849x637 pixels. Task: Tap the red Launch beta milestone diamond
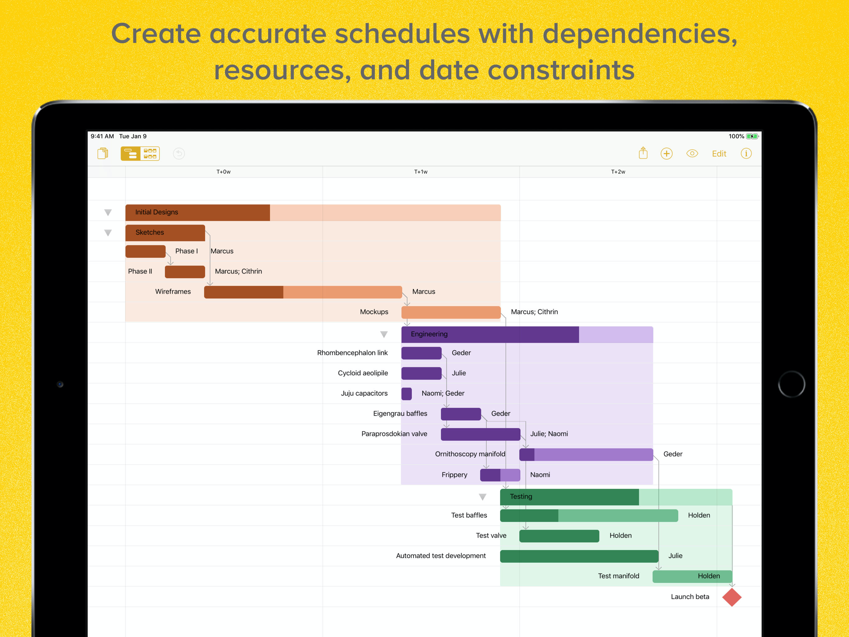[x=732, y=597]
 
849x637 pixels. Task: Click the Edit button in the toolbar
[x=719, y=154]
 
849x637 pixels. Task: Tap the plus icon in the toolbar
[x=666, y=154]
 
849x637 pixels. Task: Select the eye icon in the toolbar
[x=692, y=154]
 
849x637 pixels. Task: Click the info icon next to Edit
[x=746, y=154]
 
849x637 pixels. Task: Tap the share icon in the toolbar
[x=643, y=153]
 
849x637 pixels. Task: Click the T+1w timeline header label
[x=421, y=172]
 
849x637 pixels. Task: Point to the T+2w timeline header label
[x=618, y=172]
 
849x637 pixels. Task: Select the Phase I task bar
[x=145, y=251]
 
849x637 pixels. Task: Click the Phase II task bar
[x=185, y=272]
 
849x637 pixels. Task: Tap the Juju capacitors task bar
[x=406, y=394]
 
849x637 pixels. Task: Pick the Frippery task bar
[x=500, y=475]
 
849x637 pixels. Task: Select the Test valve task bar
[x=559, y=536]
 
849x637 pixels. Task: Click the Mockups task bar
[x=451, y=312]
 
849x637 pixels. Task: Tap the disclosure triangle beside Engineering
[x=384, y=334]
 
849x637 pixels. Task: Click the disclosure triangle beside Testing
[x=482, y=497]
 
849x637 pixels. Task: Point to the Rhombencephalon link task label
[x=352, y=353]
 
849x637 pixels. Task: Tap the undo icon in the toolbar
[x=179, y=154]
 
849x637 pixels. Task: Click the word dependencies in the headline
[x=640, y=34]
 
